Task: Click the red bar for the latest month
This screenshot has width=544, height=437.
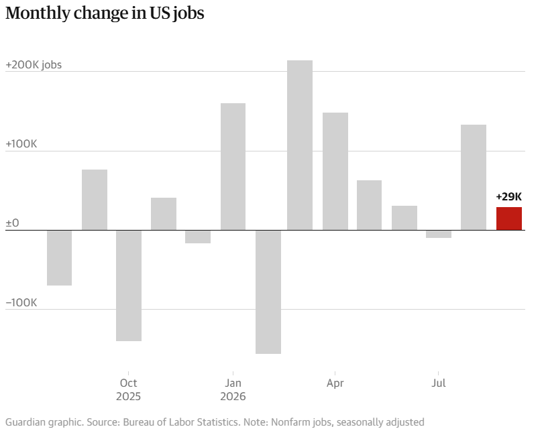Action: tap(509, 218)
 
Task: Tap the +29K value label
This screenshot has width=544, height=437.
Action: tap(508, 197)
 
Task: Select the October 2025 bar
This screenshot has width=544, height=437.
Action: tap(129, 286)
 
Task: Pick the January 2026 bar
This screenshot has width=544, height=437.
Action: tap(233, 166)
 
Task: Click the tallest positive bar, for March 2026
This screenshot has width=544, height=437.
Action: tap(300, 145)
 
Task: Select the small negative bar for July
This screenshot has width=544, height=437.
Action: tap(439, 235)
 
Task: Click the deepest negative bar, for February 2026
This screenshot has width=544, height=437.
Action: tap(268, 292)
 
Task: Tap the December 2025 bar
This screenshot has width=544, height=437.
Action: tap(198, 237)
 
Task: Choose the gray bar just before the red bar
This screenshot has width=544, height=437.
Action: tap(474, 177)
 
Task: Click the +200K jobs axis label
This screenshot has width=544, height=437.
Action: tap(34, 65)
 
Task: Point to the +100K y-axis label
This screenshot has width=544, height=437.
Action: tap(21, 144)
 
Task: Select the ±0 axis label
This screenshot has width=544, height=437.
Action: tap(13, 223)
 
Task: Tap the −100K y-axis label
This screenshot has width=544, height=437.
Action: tap(21, 302)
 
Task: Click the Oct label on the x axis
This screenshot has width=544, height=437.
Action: tap(128, 383)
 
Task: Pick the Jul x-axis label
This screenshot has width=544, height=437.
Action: tap(439, 383)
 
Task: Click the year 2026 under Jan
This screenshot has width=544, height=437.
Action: tap(233, 397)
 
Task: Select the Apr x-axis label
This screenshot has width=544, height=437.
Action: tap(335, 383)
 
